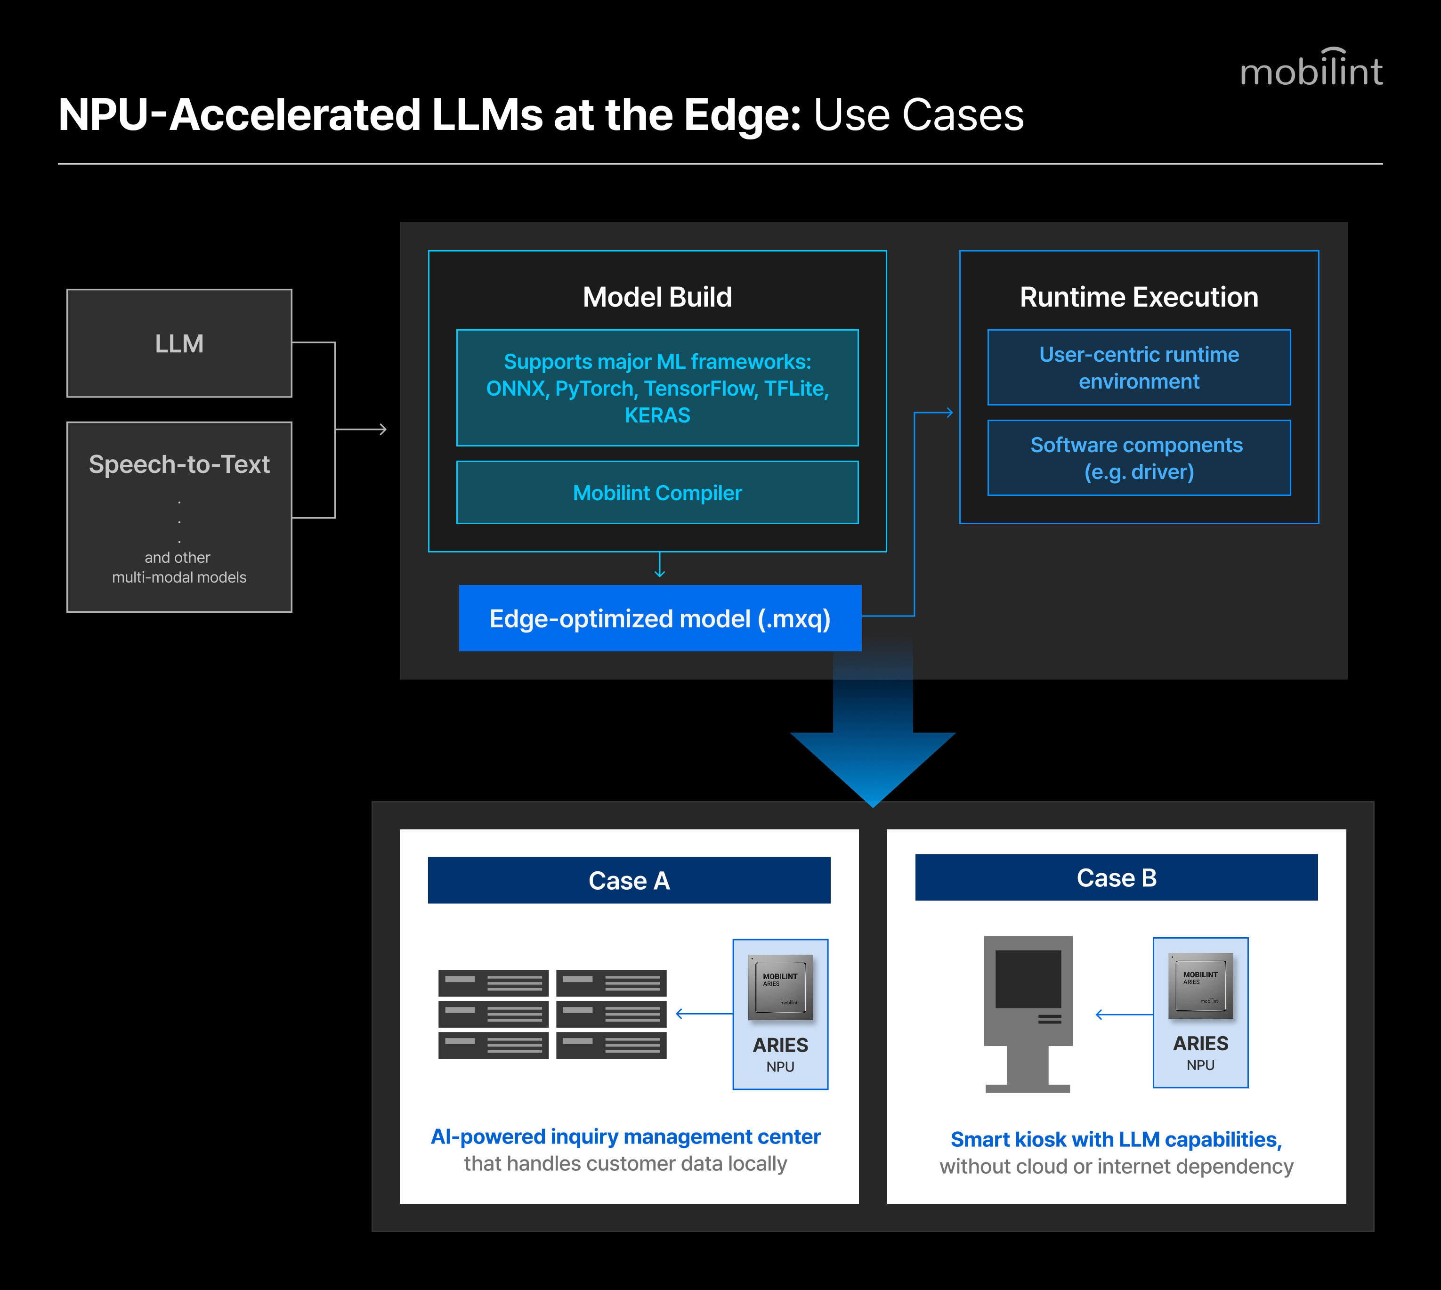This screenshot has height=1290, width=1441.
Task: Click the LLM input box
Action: tap(179, 343)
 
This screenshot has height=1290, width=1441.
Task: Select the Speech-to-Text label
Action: tap(179, 464)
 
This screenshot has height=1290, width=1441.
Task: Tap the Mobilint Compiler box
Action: tap(657, 493)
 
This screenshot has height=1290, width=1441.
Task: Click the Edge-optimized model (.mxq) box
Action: tap(660, 618)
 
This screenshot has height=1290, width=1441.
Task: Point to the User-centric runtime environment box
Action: tap(1139, 367)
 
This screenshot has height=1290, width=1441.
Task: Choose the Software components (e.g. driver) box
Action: tap(1139, 458)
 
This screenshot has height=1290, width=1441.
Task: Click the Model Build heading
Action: tap(657, 297)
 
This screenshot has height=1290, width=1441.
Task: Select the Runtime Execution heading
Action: tap(1139, 297)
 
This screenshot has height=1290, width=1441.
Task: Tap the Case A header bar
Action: tap(629, 880)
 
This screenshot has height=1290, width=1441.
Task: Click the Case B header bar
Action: tap(1117, 877)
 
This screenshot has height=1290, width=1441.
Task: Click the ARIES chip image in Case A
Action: tap(780, 987)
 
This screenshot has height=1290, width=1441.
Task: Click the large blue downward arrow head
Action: tap(873, 770)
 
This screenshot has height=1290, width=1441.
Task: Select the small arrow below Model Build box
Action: tap(660, 565)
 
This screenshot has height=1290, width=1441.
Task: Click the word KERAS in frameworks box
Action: tap(657, 415)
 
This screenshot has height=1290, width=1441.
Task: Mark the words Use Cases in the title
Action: tap(919, 115)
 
